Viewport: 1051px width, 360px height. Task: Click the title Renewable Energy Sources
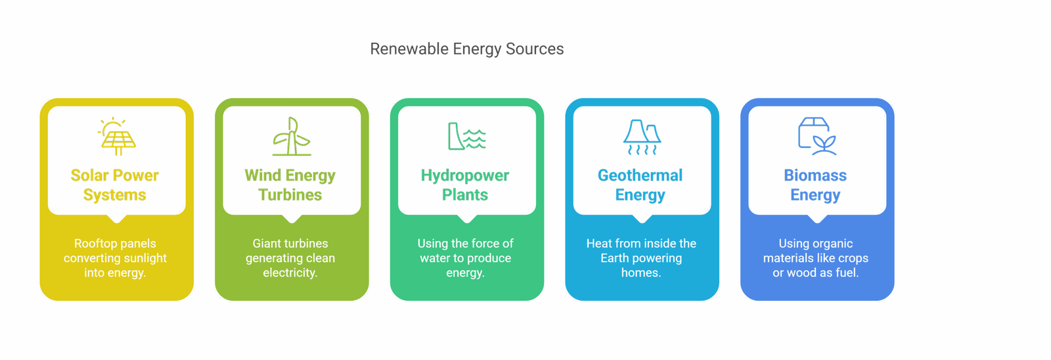point(467,49)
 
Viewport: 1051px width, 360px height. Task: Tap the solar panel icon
point(116,137)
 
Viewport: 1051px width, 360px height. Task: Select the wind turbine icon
point(292,137)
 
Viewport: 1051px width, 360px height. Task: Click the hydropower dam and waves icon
point(466,137)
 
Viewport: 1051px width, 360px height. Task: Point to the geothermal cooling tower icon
point(642,137)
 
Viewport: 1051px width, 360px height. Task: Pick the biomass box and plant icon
point(816,137)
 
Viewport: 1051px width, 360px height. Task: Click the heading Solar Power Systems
point(115,185)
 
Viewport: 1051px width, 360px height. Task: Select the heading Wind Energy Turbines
point(290,185)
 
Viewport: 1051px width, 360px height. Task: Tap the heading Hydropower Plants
point(465,185)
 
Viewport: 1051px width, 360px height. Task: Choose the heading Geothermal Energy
point(640,185)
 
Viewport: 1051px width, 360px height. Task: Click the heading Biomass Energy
point(815,185)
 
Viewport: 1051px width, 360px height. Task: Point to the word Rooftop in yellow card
point(95,244)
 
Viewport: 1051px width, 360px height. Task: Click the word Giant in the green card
point(267,244)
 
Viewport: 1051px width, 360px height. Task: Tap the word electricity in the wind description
point(290,273)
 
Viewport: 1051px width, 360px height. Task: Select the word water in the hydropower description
point(435,258)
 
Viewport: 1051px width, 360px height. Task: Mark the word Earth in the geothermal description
point(614,258)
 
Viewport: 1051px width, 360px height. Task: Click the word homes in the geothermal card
point(640,273)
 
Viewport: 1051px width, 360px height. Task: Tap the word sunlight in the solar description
point(144,258)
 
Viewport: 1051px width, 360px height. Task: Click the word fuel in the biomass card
point(846,273)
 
